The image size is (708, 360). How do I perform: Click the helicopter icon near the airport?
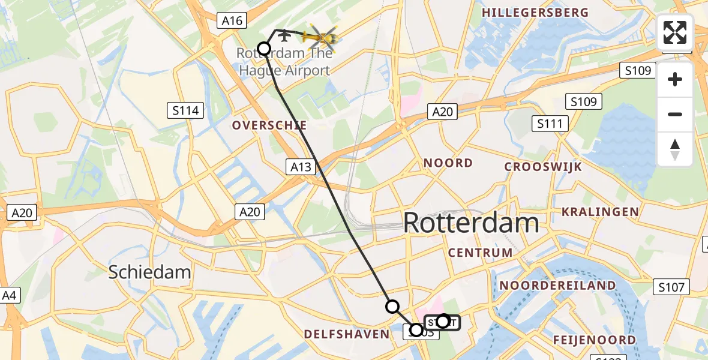[321, 38]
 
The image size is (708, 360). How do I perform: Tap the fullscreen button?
[675, 32]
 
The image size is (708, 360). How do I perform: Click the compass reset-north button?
[675, 149]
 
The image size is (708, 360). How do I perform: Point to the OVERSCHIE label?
[269, 126]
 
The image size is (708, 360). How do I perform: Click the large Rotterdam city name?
[471, 223]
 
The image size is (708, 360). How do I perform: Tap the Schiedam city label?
[149, 272]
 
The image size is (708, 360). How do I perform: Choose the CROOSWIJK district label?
[543, 167]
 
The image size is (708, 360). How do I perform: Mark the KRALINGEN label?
[600, 212]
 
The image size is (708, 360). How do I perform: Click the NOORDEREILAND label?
[557, 286]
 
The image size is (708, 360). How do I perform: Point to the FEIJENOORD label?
[595, 340]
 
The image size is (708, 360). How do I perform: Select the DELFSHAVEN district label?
[346, 334]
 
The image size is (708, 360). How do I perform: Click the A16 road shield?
[232, 21]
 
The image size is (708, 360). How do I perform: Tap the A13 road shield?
[301, 167]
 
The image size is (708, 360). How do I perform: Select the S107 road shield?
[670, 287]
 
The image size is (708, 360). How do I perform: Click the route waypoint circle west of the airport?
[263, 48]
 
